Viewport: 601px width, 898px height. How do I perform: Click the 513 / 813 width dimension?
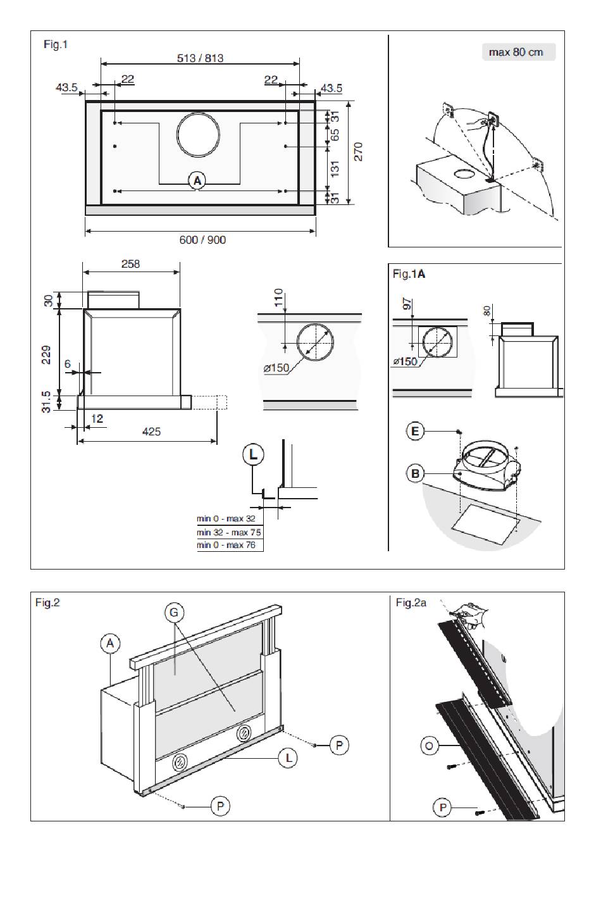(200, 58)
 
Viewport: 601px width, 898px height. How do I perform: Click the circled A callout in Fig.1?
(197, 180)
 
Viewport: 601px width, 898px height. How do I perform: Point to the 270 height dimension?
(358, 152)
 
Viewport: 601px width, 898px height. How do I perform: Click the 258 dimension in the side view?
(130, 264)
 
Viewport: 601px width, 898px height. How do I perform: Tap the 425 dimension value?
(151, 432)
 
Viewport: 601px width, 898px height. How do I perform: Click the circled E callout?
(415, 432)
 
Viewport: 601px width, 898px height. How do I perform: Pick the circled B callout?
(415, 473)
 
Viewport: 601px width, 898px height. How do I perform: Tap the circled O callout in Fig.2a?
(430, 746)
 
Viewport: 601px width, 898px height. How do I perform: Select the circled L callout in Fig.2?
(288, 758)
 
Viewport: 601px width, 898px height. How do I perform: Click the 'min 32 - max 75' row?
(229, 532)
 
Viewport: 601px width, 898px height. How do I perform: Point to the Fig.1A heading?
(409, 274)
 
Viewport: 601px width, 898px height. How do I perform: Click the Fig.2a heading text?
(411, 602)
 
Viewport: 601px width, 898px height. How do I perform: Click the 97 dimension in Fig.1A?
(407, 303)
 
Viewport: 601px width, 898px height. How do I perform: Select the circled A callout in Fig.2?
(109, 644)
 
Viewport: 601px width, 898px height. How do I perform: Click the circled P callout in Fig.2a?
(442, 808)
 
